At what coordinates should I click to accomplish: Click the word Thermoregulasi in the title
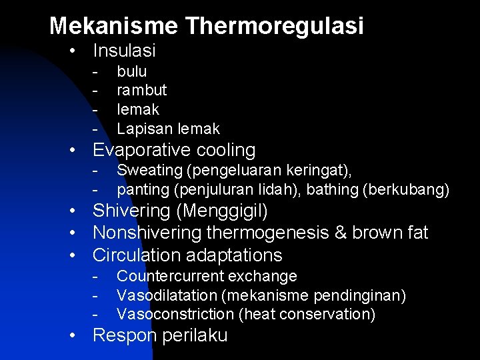tap(275, 26)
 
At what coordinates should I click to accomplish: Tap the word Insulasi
tap(124, 51)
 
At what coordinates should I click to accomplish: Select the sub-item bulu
tap(131, 71)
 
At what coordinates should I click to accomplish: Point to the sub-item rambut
tap(141, 90)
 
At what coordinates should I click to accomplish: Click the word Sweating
tap(145, 171)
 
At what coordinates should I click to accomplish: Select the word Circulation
tap(139, 255)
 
